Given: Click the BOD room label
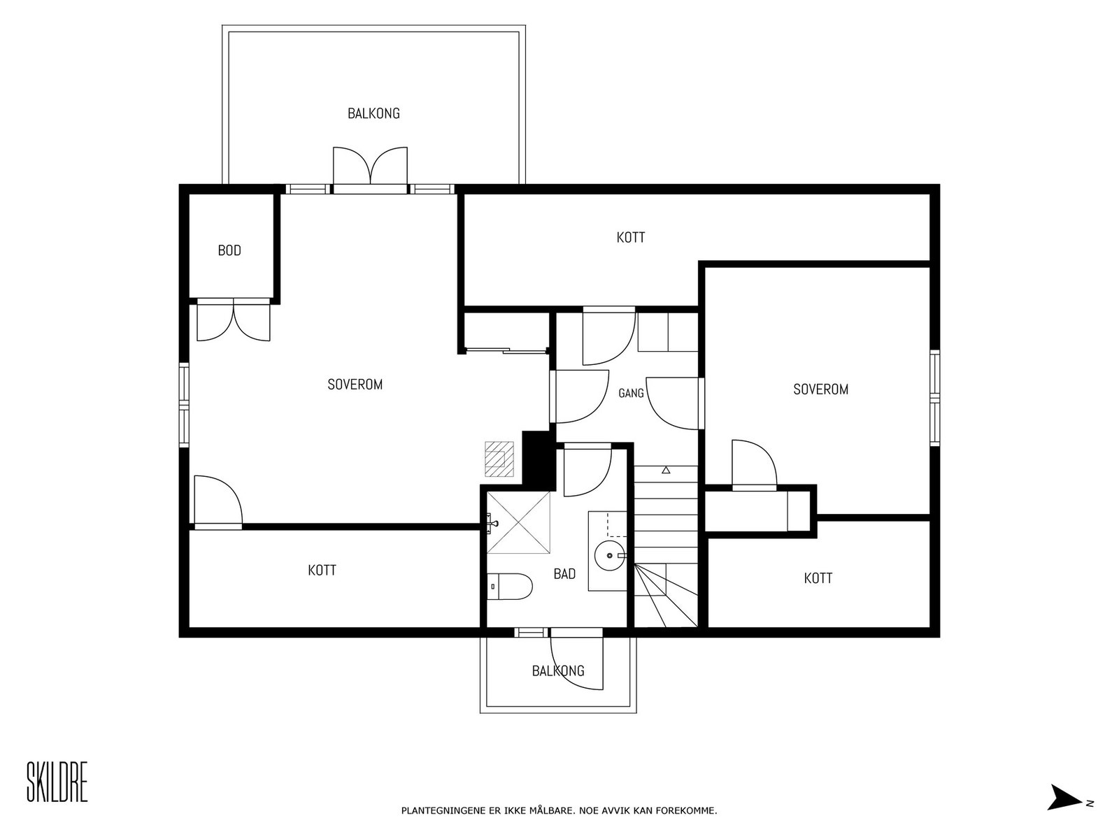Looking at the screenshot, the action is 229,250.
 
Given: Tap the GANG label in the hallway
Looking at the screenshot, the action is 631,393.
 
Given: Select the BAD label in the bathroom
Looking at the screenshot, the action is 564,574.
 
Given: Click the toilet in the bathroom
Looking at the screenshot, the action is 509,587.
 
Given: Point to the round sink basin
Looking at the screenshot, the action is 611,555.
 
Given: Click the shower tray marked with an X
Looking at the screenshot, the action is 519,522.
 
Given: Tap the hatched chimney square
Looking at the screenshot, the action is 499,459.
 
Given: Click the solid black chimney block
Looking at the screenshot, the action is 537,461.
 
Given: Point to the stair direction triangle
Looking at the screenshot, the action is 666,470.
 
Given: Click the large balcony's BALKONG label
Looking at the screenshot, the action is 373,113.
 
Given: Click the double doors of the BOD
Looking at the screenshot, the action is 234,320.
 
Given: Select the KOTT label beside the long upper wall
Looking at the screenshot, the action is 631,238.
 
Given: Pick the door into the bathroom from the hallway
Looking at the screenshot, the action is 587,470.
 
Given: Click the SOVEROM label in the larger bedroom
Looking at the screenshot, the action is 355,384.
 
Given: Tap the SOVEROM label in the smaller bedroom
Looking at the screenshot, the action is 821,389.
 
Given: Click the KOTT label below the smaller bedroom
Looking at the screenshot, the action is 818,578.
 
